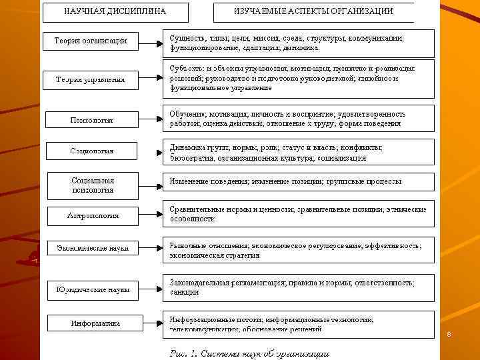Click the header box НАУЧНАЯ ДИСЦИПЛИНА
point(115,12)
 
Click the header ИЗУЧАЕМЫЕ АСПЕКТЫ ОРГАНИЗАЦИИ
point(313,12)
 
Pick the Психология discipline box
point(91,120)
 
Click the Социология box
point(92,151)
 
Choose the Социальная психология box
point(93,185)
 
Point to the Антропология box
point(93,215)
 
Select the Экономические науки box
point(93,247)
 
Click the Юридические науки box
point(93,290)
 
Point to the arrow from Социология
point(150,151)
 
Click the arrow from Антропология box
point(151,215)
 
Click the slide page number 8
point(449,335)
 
